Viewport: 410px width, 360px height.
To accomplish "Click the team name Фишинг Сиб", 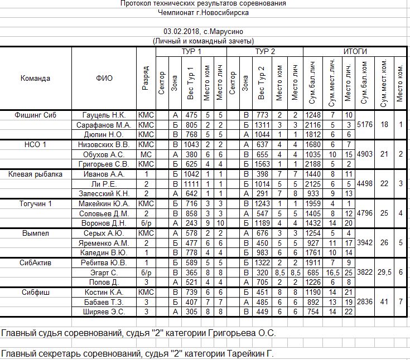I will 36,115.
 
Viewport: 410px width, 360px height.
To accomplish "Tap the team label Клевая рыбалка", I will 36,174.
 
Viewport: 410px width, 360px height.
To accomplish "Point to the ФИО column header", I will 104,78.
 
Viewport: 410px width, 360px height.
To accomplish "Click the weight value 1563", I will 262,164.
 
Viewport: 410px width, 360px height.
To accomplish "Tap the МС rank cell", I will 146,154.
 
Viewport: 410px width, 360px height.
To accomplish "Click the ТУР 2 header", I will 265,51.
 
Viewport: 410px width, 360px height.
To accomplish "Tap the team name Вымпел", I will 36,232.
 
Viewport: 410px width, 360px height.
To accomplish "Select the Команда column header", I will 36,78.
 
